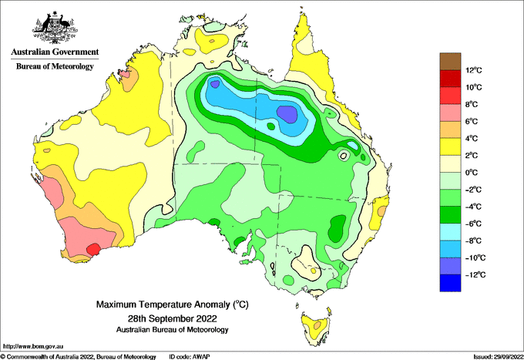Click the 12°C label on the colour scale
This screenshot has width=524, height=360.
pos(474,70)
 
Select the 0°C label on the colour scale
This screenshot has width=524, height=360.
pos(472,173)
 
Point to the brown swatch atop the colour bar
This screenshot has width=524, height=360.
pos(450,62)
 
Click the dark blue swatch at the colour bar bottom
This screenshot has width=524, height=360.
pos(450,283)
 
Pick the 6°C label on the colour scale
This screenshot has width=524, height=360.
pos(472,121)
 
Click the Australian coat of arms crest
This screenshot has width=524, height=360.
pos(55,28)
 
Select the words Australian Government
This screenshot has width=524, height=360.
pos(55,52)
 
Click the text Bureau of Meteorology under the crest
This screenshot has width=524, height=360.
pos(55,66)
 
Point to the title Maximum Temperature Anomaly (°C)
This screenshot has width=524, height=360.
pos(173,304)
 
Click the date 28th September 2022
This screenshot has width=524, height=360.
pos(173,318)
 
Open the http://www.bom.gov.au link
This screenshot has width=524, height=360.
pos(32,347)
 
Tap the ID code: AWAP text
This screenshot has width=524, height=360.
pos(190,357)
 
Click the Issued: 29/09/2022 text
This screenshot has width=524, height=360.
pos(499,357)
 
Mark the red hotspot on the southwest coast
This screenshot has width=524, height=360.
pos(93,249)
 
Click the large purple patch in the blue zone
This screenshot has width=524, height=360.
pos(287,114)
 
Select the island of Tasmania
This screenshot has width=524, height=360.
pos(317,328)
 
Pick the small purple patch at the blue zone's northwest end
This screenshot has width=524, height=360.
pos(215,83)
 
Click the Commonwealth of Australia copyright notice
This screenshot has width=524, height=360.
pos(78,357)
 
